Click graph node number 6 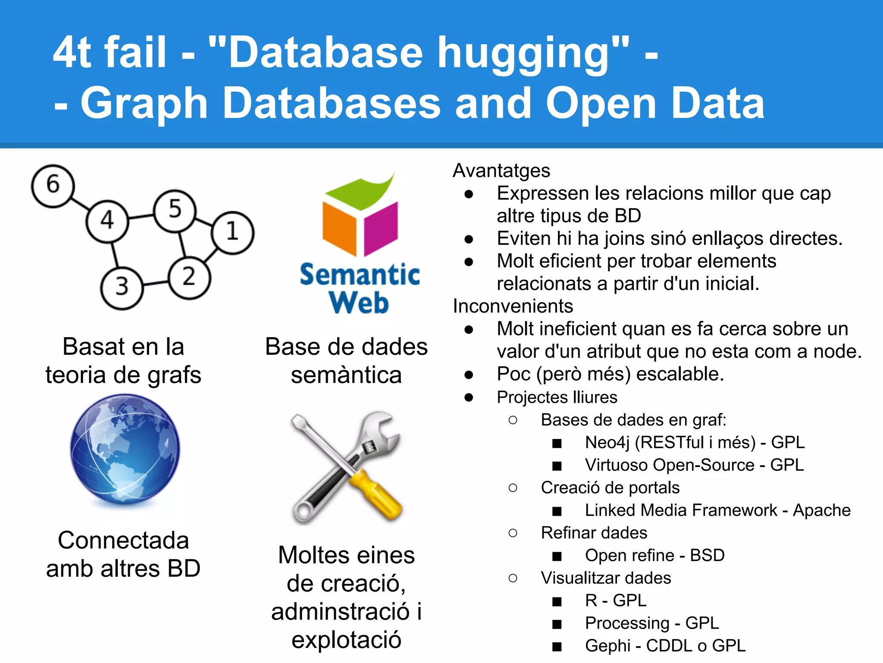point(53,186)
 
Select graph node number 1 point(232,232)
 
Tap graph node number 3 point(122,287)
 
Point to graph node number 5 point(175,210)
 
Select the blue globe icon point(125,449)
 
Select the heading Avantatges point(501,170)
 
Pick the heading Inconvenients point(513,306)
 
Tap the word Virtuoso point(617,465)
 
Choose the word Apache point(822,510)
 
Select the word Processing point(627,623)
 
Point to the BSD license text point(707,556)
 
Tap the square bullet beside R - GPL point(557,601)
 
